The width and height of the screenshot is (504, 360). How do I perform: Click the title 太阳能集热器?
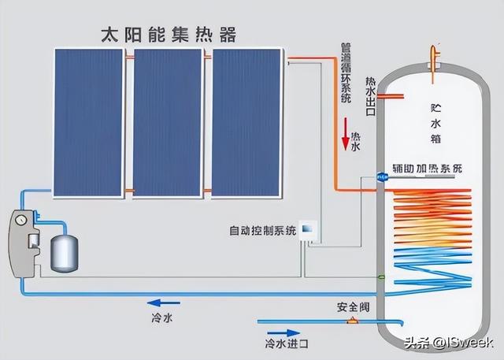pos(169,35)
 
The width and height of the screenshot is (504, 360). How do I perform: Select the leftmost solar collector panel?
pos(88,122)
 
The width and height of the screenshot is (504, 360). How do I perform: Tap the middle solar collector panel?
pos(168,122)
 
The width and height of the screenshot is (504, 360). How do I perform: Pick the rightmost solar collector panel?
pos(246,122)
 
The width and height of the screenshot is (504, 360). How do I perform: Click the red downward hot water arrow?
pos(346,134)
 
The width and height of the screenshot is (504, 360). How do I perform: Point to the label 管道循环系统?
pos(346,72)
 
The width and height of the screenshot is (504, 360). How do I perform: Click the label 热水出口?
pos(371,96)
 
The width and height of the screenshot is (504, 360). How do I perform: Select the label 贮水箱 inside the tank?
pos(435,124)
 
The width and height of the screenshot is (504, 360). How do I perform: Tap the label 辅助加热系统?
pos(427,169)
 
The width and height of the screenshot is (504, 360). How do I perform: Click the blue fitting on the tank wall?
pos(382,176)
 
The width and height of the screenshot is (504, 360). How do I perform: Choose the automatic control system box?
pos(308,230)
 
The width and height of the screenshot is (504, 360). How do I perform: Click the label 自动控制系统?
pos(262,231)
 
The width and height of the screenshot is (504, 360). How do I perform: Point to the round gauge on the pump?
pos(20,220)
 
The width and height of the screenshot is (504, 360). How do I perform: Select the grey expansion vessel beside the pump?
pos(65,254)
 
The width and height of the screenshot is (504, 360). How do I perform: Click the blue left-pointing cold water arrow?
pos(163,302)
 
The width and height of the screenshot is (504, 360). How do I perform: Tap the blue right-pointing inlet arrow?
pos(283,333)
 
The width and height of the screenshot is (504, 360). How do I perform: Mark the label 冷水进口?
pos(287,343)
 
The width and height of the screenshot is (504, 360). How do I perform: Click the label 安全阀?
pos(353,307)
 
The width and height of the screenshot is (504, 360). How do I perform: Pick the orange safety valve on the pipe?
pos(353,321)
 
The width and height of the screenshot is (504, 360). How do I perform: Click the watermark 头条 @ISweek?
pos(448,343)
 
